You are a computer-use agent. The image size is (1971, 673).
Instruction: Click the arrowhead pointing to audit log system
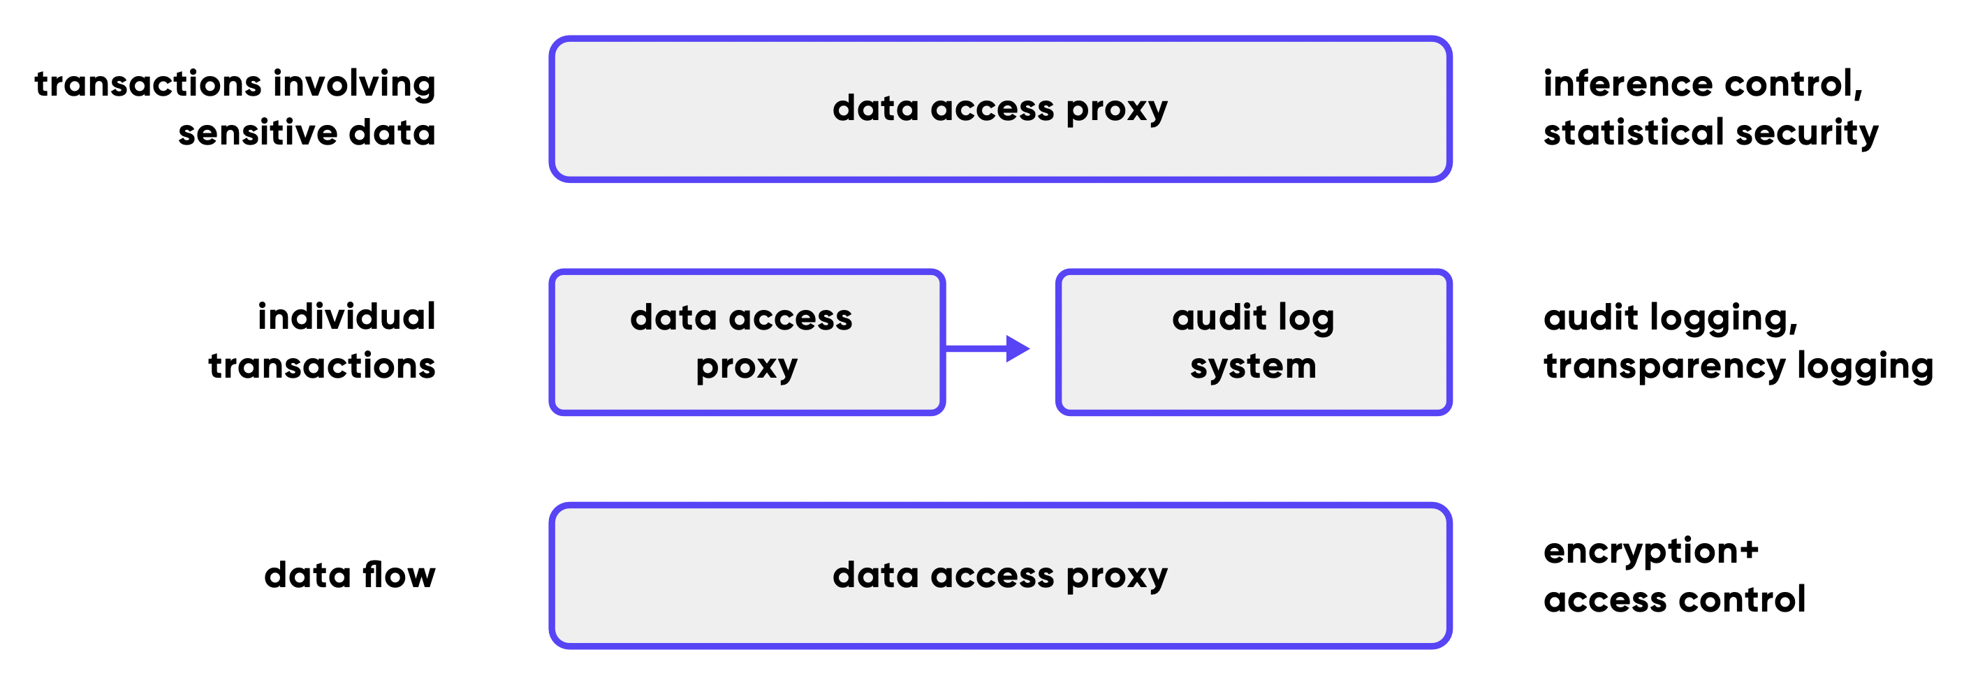tap(1018, 349)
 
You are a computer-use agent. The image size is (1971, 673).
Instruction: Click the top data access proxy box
tap(1000, 109)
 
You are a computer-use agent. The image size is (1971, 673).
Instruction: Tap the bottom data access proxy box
tap(1000, 575)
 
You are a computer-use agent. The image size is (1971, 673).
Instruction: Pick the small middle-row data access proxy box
tap(747, 342)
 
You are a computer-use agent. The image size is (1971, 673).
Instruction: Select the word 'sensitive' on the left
tap(257, 133)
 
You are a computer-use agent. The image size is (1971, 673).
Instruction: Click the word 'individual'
tap(346, 317)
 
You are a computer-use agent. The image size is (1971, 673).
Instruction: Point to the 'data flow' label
tap(350, 575)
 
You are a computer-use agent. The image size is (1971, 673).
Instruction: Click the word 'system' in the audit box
tap(1253, 367)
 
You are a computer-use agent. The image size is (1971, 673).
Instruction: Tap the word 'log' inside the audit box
tap(1305, 319)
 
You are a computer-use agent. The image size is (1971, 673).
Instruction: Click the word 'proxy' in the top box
tap(1117, 111)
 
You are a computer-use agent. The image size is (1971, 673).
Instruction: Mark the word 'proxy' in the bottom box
tap(1117, 577)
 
